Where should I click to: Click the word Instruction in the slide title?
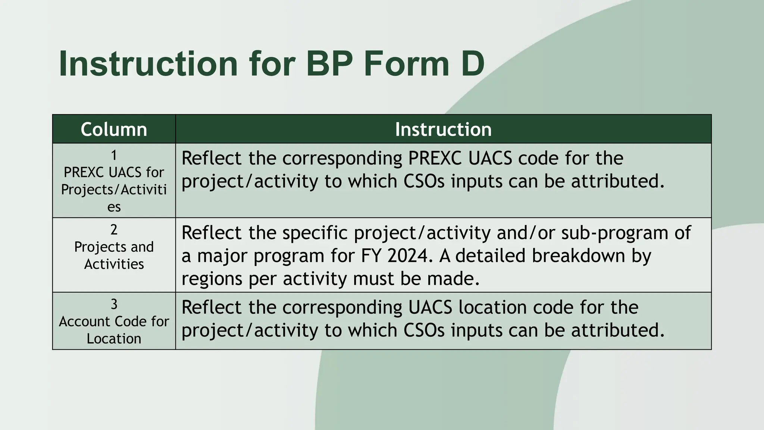click(x=148, y=64)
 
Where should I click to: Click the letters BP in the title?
click(x=329, y=64)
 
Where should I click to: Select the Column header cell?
click(x=114, y=129)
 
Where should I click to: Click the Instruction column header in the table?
click(x=443, y=129)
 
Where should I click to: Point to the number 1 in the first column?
click(x=114, y=155)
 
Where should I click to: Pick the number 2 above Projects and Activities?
click(x=114, y=230)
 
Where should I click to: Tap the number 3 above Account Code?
click(x=114, y=304)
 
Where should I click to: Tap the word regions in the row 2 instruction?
click(x=212, y=279)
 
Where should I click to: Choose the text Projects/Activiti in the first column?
click(x=114, y=190)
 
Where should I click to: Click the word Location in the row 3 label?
click(x=114, y=339)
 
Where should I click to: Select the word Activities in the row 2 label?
click(x=114, y=264)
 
